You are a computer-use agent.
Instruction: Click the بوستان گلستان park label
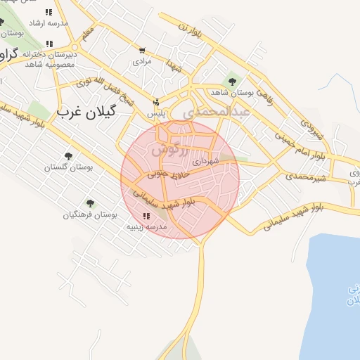pyautogui.click(x=69, y=167)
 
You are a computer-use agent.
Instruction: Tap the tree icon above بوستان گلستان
pyautogui.click(x=69, y=156)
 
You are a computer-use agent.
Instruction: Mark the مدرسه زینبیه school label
pyautogui.click(x=146, y=228)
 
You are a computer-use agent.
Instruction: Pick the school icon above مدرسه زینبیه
pyautogui.click(x=146, y=217)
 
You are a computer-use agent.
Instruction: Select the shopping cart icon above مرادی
pyautogui.click(x=143, y=51)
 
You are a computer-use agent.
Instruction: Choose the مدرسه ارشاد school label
pyautogui.click(x=49, y=23)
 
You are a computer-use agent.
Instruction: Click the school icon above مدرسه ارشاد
pyautogui.click(x=49, y=12)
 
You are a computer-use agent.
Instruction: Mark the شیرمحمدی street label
pyautogui.click(x=307, y=176)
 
